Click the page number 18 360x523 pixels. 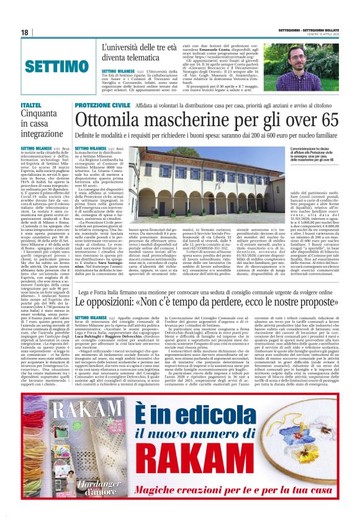[25, 32]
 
